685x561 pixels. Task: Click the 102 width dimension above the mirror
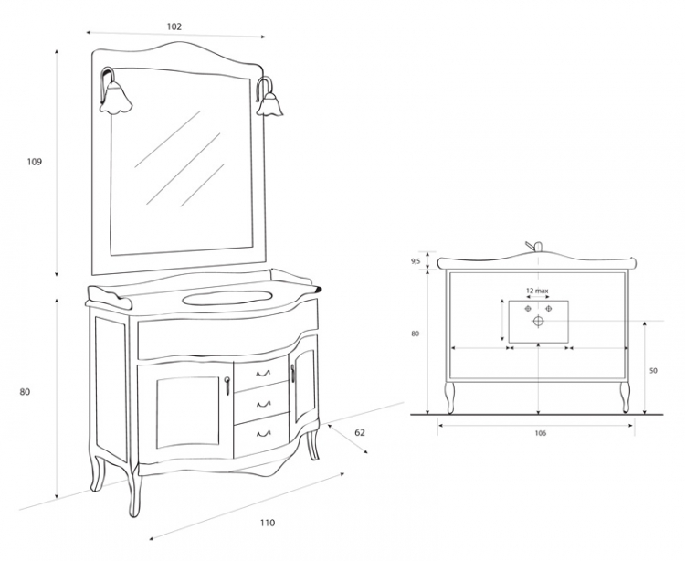(174, 26)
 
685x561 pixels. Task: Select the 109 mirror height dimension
(35, 162)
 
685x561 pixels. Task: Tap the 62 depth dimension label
(360, 432)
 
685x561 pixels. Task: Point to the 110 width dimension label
(268, 523)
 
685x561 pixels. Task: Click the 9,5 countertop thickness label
(416, 261)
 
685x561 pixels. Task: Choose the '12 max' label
(537, 291)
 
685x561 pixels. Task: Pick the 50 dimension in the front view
(653, 371)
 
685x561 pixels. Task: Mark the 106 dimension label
(541, 433)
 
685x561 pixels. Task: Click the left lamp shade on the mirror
(115, 100)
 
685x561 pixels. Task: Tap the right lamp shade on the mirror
(269, 104)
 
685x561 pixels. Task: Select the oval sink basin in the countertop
(226, 298)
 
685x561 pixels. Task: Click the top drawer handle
(263, 374)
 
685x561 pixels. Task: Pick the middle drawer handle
(263, 404)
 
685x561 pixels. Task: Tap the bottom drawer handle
(263, 433)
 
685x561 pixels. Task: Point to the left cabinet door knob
(227, 386)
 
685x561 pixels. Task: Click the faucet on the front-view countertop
(534, 247)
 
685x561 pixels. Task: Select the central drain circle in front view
(538, 321)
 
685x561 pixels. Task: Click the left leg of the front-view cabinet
(450, 397)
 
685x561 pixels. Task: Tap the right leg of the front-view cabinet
(625, 397)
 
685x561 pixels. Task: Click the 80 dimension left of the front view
(415, 333)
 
